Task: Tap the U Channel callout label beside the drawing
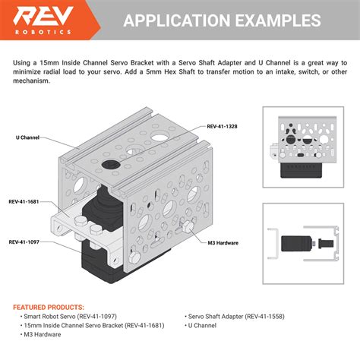[x=27, y=138]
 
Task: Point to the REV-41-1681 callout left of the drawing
[x=24, y=202]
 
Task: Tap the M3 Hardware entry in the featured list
[x=43, y=333]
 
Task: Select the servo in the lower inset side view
[x=292, y=245]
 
